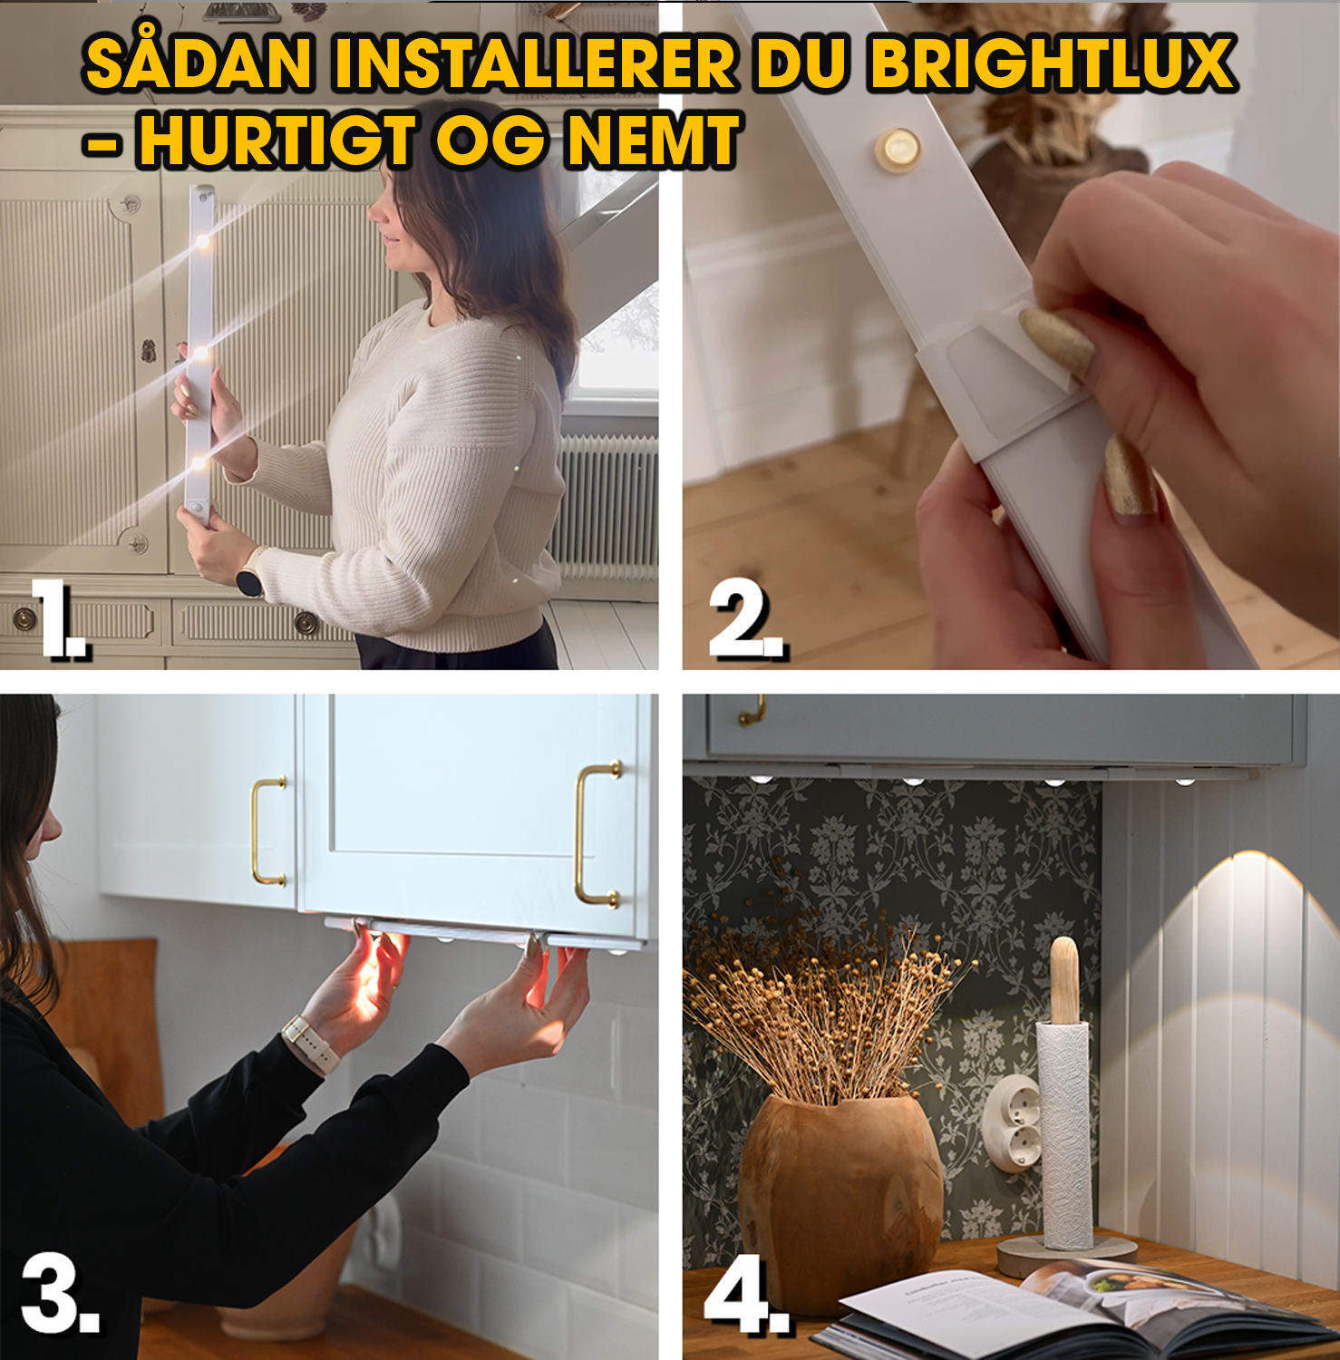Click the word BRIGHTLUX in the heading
[x=1052, y=63]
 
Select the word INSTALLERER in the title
[x=535, y=63]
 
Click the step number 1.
[x=58, y=618]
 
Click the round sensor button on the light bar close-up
[x=897, y=149]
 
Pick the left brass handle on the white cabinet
[x=267, y=831]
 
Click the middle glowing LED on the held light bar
[x=201, y=352]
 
